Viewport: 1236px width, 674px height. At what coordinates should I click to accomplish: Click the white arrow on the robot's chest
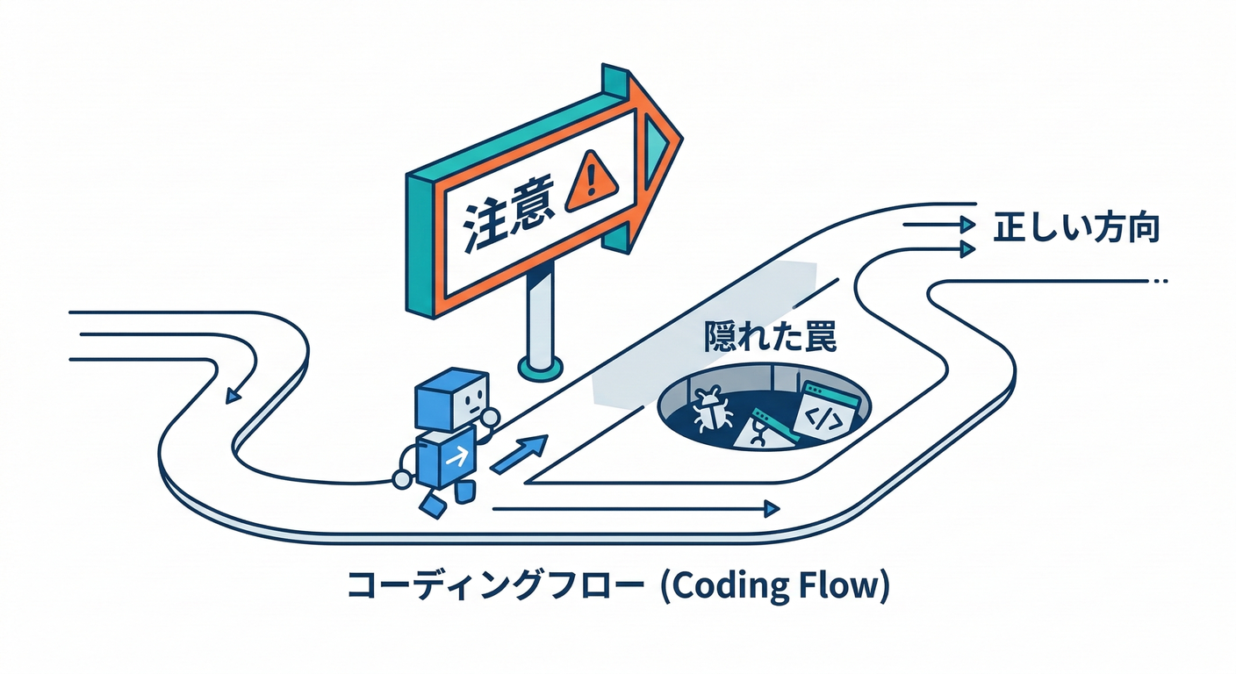455,456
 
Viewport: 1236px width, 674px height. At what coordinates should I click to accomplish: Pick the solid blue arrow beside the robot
520,453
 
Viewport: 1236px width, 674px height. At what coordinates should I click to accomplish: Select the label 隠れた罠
770,338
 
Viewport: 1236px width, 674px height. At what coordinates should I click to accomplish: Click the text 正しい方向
1076,228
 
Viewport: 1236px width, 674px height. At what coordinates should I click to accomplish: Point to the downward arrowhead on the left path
232,396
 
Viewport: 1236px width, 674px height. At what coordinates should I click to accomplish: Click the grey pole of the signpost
539,315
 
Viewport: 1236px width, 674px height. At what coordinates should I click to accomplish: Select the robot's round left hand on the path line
402,478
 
